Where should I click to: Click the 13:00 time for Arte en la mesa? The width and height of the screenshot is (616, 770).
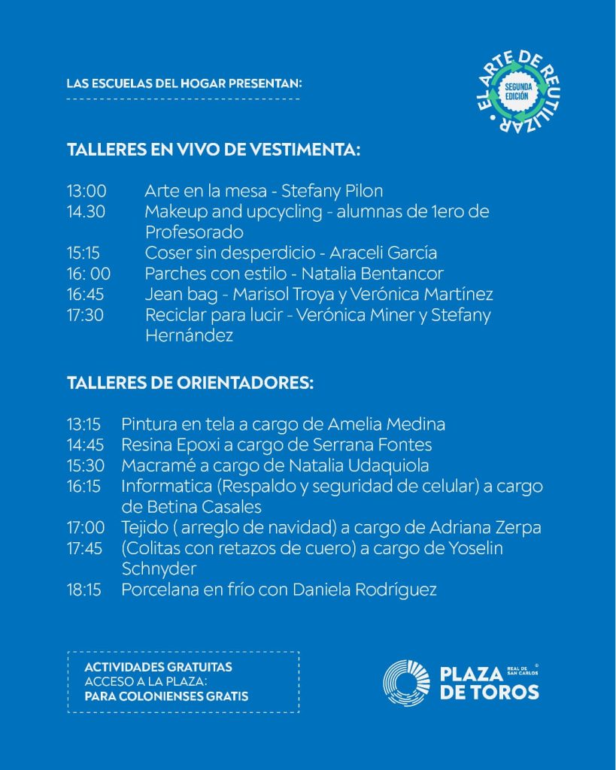click(86, 191)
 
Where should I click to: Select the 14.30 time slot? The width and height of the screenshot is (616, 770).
click(86, 212)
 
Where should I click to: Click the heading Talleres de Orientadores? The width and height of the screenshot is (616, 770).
click(190, 382)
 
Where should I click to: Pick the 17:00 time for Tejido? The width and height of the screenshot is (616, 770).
click(84, 528)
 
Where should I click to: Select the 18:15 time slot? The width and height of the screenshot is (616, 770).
click(83, 590)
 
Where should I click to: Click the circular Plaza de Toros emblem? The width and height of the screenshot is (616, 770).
click(406, 683)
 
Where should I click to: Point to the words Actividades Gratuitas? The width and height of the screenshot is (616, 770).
click(158, 667)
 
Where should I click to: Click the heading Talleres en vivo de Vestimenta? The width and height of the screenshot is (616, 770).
click(214, 150)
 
